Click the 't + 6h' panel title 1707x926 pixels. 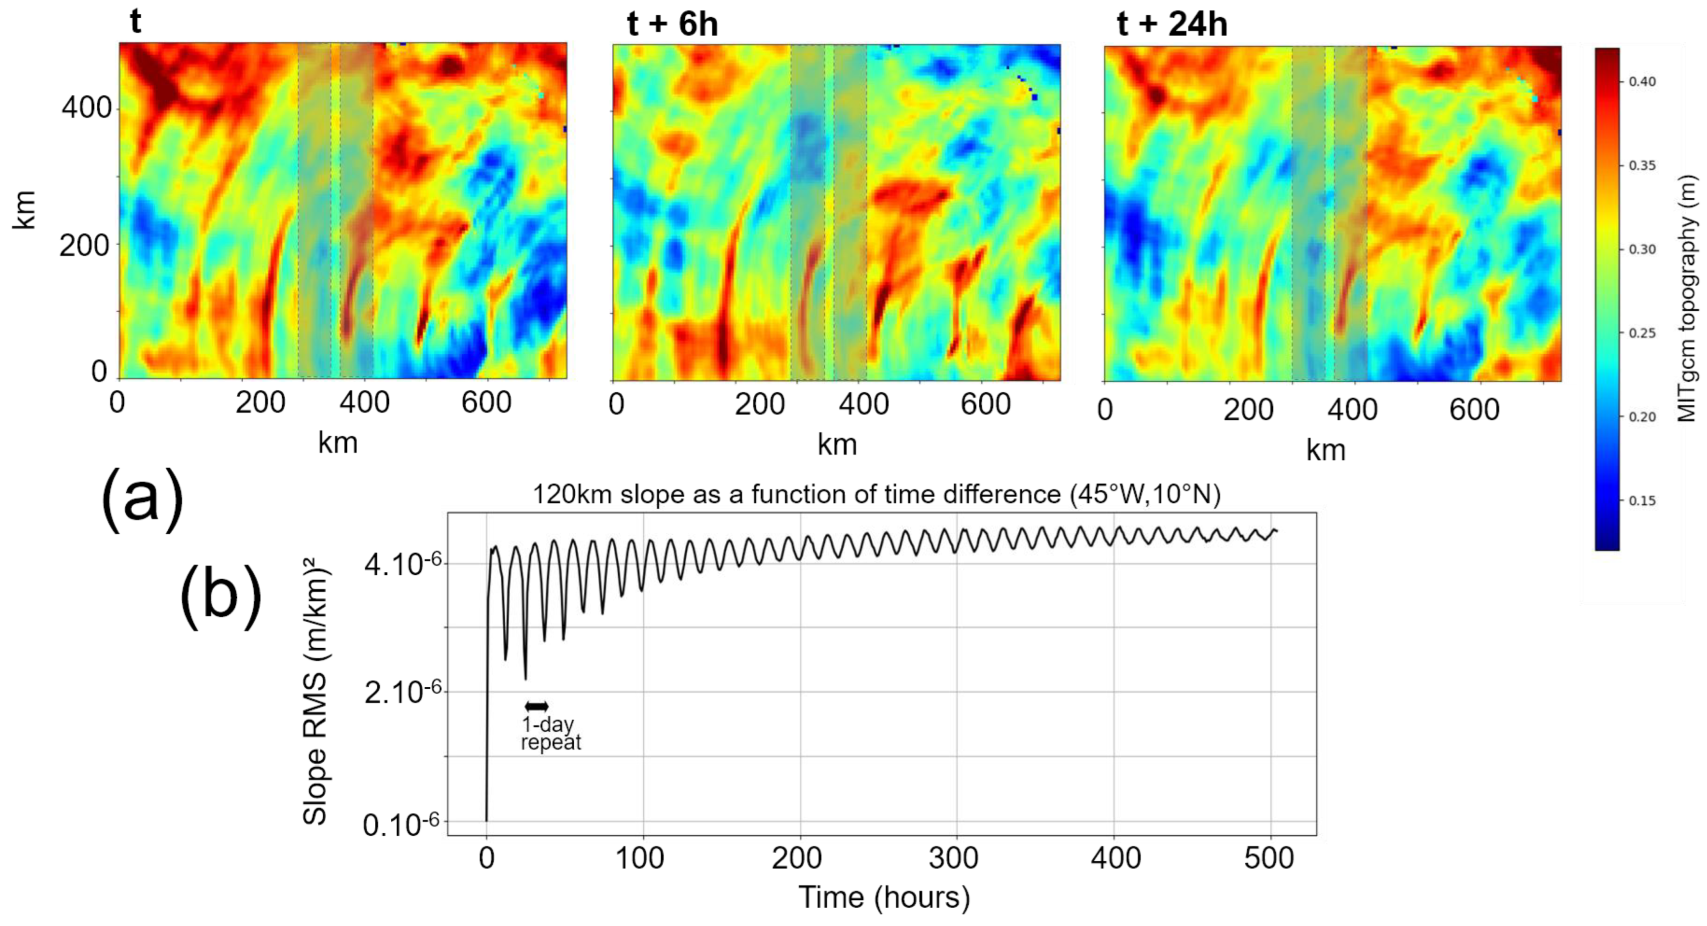pyautogui.click(x=672, y=25)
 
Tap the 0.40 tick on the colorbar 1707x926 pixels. pyautogui.click(x=1641, y=81)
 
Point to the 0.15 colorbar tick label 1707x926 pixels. pyautogui.click(x=1641, y=500)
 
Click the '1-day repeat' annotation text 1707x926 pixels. pyautogui.click(x=550, y=733)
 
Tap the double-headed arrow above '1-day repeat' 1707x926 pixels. pyautogui.click(x=536, y=706)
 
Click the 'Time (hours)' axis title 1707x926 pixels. pyautogui.click(x=884, y=897)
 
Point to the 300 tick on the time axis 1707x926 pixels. pyautogui.click(x=953, y=858)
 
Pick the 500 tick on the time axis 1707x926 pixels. pyautogui.click(x=1268, y=858)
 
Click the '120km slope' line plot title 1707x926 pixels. pyautogui.click(x=876, y=494)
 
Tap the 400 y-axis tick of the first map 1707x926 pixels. pyautogui.click(x=87, y=108)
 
